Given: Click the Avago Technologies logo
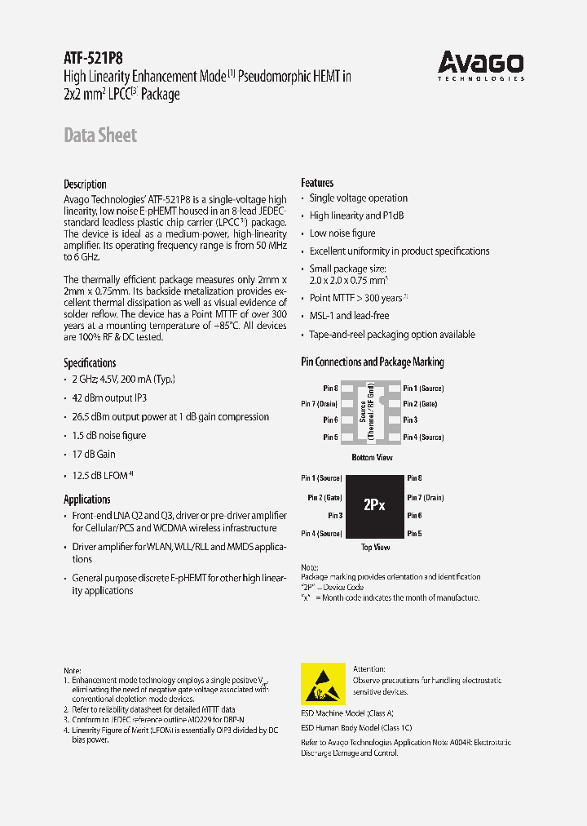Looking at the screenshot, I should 480,65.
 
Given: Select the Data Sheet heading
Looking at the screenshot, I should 100,135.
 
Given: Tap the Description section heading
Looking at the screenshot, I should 85,184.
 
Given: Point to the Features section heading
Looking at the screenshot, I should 317,183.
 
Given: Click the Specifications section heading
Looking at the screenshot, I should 90,362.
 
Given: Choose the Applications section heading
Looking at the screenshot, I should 86,499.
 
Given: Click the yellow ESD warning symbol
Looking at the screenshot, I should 323,684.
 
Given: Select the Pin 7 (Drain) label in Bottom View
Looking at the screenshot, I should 320,404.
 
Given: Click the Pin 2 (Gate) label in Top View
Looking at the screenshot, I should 324,497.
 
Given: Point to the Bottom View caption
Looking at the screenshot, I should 372,457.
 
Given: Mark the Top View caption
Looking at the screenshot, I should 375,548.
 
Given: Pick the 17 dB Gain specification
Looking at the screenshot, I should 94,454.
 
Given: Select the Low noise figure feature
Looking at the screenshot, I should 342,233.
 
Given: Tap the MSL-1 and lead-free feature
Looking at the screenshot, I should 349,315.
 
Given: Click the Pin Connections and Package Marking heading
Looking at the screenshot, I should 373,362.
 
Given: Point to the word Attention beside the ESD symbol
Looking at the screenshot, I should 369,668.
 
